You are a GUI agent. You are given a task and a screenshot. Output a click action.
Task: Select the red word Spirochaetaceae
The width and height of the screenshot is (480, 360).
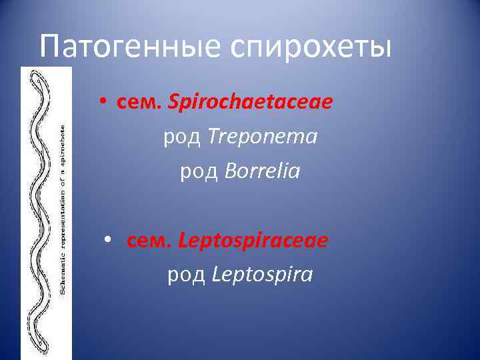pos(251,103)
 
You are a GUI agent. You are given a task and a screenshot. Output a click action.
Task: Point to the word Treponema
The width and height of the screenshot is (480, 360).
pos(263,138)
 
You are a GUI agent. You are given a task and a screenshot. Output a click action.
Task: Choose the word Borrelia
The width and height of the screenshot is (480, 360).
pos(263,173)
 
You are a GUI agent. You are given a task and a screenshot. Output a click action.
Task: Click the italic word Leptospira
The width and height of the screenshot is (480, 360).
pos(262,275)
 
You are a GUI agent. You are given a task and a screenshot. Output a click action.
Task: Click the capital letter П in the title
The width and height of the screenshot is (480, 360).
pos(51,46)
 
